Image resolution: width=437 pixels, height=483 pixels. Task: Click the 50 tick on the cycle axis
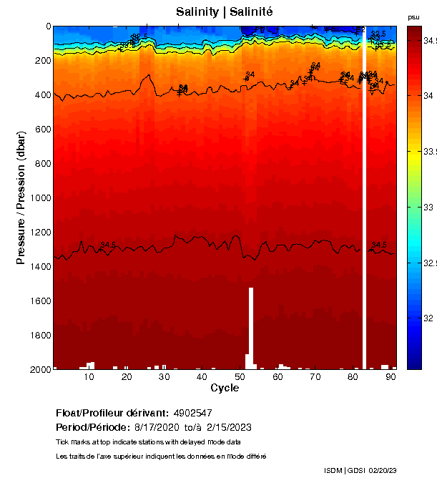[x=239, y=377]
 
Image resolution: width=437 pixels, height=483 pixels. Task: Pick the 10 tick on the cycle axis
[x=89, y=377]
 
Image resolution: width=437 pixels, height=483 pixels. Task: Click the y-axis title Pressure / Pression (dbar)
[x=21, y=197]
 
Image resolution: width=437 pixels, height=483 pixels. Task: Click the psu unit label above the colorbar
[x=413, y=17]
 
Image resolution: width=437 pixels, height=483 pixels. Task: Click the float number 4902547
[x=192, y=413]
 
